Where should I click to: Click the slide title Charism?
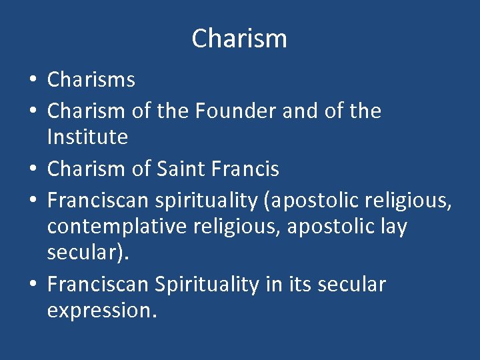point(239,39)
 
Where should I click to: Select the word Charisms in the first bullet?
point(91,80)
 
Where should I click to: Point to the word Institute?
point(87,137)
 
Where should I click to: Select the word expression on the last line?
point(101,311)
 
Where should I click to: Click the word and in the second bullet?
point(301,111)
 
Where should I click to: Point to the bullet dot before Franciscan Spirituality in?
point(32,285)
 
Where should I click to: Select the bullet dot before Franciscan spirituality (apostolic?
point(32,199)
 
